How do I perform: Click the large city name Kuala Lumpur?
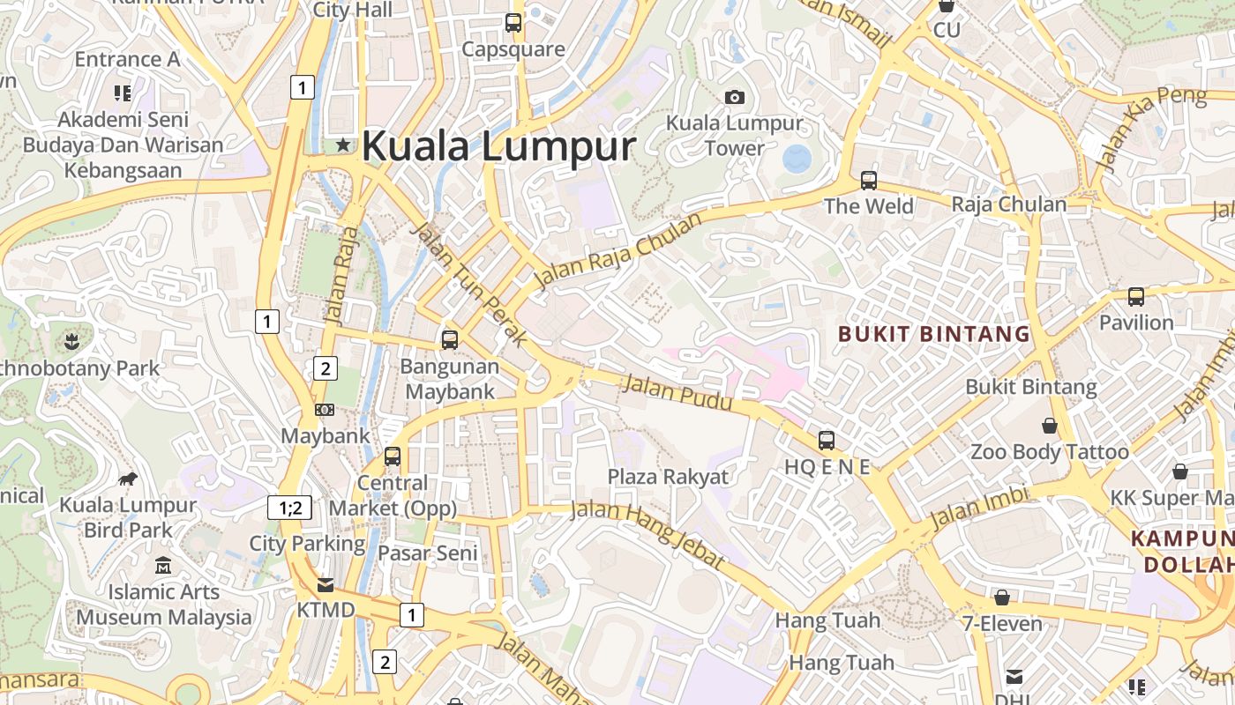[498, 146]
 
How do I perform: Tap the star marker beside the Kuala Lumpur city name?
[342, 145]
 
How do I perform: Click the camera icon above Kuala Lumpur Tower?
[735, 97]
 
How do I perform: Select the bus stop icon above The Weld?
[869, 181]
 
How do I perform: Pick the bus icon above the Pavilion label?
[1136, 297]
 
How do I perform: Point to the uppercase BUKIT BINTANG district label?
[934, 334]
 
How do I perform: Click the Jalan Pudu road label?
[677, 393]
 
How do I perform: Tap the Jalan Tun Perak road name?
[469, 284]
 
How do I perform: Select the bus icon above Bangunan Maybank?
[450, 339]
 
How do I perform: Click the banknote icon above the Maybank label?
[325, 410]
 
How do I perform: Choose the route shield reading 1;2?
[290, 508]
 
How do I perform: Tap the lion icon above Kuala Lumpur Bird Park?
[128, 479]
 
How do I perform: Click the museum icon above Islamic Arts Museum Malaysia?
[163, 566]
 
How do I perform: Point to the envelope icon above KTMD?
[326, 584]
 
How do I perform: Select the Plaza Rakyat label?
[669, 477]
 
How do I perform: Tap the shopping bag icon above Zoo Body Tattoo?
[1050, 427]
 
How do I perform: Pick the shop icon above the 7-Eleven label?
[1001, 597]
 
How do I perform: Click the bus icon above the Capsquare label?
[513, 23]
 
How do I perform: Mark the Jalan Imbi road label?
[979, 507]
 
